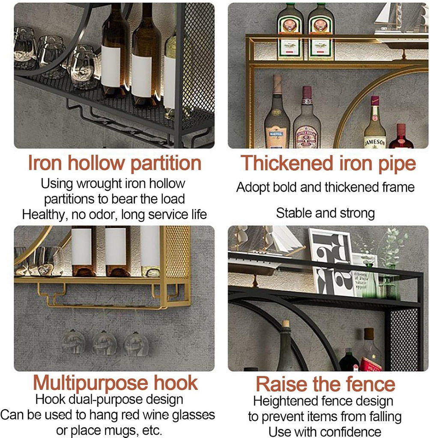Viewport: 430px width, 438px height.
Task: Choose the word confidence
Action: click(343, 432)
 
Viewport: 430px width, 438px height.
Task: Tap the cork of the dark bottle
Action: click(285, 324)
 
